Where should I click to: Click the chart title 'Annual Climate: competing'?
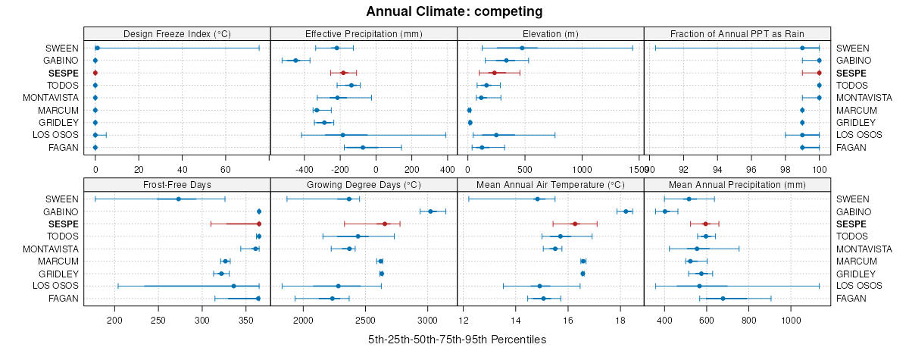[454, 11]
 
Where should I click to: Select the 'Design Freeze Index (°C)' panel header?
[176, 33]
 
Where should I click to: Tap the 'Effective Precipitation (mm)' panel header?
[364, 33]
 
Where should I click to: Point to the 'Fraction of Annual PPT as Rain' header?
[737, 33]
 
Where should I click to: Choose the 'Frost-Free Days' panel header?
[176, 184]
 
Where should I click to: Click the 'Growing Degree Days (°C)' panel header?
[364, 184]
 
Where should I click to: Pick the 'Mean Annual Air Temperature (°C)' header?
[550, 184]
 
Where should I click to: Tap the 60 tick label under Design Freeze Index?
[226, 169]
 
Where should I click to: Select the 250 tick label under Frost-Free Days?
[158, 320]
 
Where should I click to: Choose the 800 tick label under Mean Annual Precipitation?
[748, 320]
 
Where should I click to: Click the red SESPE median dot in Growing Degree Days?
[385, 224]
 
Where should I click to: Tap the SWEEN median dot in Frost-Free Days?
[178, 199]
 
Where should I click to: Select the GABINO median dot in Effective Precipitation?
[296, 60]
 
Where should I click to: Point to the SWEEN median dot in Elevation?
[522, 48]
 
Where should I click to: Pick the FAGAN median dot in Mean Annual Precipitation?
[723, 298]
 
